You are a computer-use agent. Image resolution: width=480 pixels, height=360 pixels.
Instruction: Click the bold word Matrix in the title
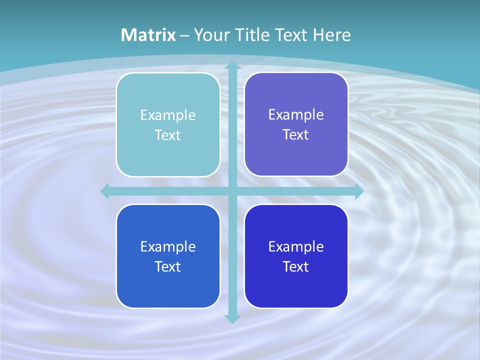[x=148, y=35]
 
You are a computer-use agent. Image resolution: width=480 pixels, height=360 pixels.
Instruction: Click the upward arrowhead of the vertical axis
[x=232, y=65]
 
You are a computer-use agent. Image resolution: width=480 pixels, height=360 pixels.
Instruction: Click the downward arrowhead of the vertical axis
[x=232, y=318]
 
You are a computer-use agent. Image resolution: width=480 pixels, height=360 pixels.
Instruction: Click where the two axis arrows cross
[x=232, y=191]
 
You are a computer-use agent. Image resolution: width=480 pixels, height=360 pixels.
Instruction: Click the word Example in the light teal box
[x=168, y=115]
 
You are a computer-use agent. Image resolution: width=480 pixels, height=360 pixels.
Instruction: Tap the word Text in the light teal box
[x=168, y=135]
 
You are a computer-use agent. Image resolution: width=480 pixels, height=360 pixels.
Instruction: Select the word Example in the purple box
[x=296, y=115]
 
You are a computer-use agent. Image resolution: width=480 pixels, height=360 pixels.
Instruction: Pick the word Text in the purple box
[x=296, y=135]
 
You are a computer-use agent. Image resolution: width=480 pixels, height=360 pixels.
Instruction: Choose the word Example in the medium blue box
[x=168, y=247]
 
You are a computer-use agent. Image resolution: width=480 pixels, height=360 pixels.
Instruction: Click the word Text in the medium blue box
[x=168, y=267]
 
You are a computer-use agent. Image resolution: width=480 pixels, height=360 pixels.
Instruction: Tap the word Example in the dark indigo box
[x=296, y=247]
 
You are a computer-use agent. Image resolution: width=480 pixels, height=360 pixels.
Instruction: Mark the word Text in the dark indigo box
[x=296, y=267]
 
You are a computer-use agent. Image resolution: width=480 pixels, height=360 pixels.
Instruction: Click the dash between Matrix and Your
[x=185, y=35]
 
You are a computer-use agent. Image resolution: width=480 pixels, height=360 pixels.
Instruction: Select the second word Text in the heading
[x=290, y=35]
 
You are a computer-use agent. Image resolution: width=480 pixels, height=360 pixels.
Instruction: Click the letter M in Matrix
[x=128, y=35]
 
